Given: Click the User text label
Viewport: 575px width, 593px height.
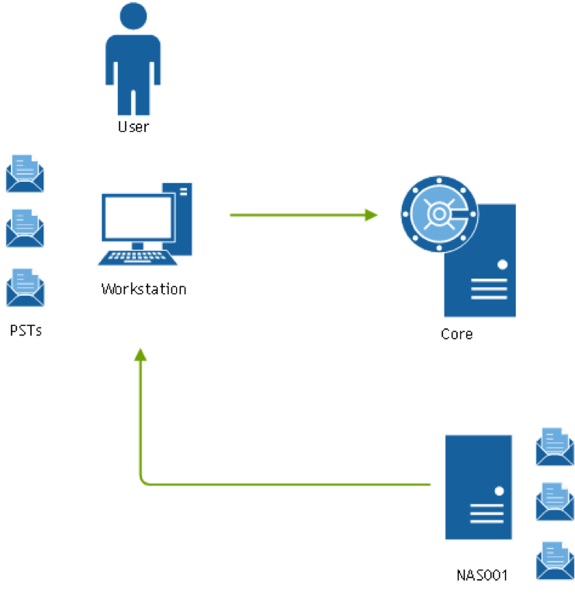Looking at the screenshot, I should click(133, 127).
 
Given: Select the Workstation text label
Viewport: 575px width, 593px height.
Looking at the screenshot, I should click(144, 289).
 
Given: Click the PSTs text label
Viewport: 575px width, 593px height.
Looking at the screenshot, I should click(26, 330).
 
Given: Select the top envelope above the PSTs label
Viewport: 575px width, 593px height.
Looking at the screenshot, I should click(25, 173).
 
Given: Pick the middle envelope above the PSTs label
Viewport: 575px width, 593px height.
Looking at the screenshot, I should click(25, 228).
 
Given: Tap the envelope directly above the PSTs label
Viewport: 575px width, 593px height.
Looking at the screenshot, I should click(25, 287).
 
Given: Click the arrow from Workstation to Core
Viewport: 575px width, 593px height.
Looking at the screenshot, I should click(303, 214).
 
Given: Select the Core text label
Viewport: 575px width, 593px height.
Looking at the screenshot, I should click(456, 335).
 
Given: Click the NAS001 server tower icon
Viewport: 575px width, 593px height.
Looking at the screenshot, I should click(478, 487).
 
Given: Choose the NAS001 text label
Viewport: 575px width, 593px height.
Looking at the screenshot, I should click(481, 575).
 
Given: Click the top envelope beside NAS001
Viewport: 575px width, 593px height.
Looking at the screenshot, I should click(554, 446).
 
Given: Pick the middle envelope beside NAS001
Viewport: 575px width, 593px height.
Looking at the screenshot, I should click(554, 501).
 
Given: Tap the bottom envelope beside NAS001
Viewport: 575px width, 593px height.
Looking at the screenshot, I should click(554, 560).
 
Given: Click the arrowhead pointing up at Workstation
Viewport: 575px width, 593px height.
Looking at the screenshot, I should click(140, 355).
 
